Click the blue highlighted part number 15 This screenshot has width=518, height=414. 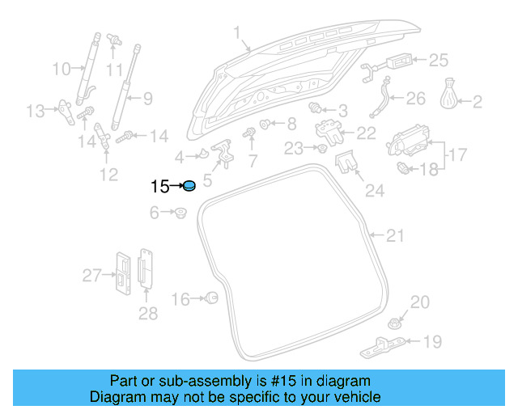point(189,186)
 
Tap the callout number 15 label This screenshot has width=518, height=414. point(159,187)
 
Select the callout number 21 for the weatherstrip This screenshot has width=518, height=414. point(394,236)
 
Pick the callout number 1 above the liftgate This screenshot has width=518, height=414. point(237,33)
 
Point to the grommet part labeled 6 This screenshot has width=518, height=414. point(180,213)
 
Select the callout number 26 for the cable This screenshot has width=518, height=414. point(414,99)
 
